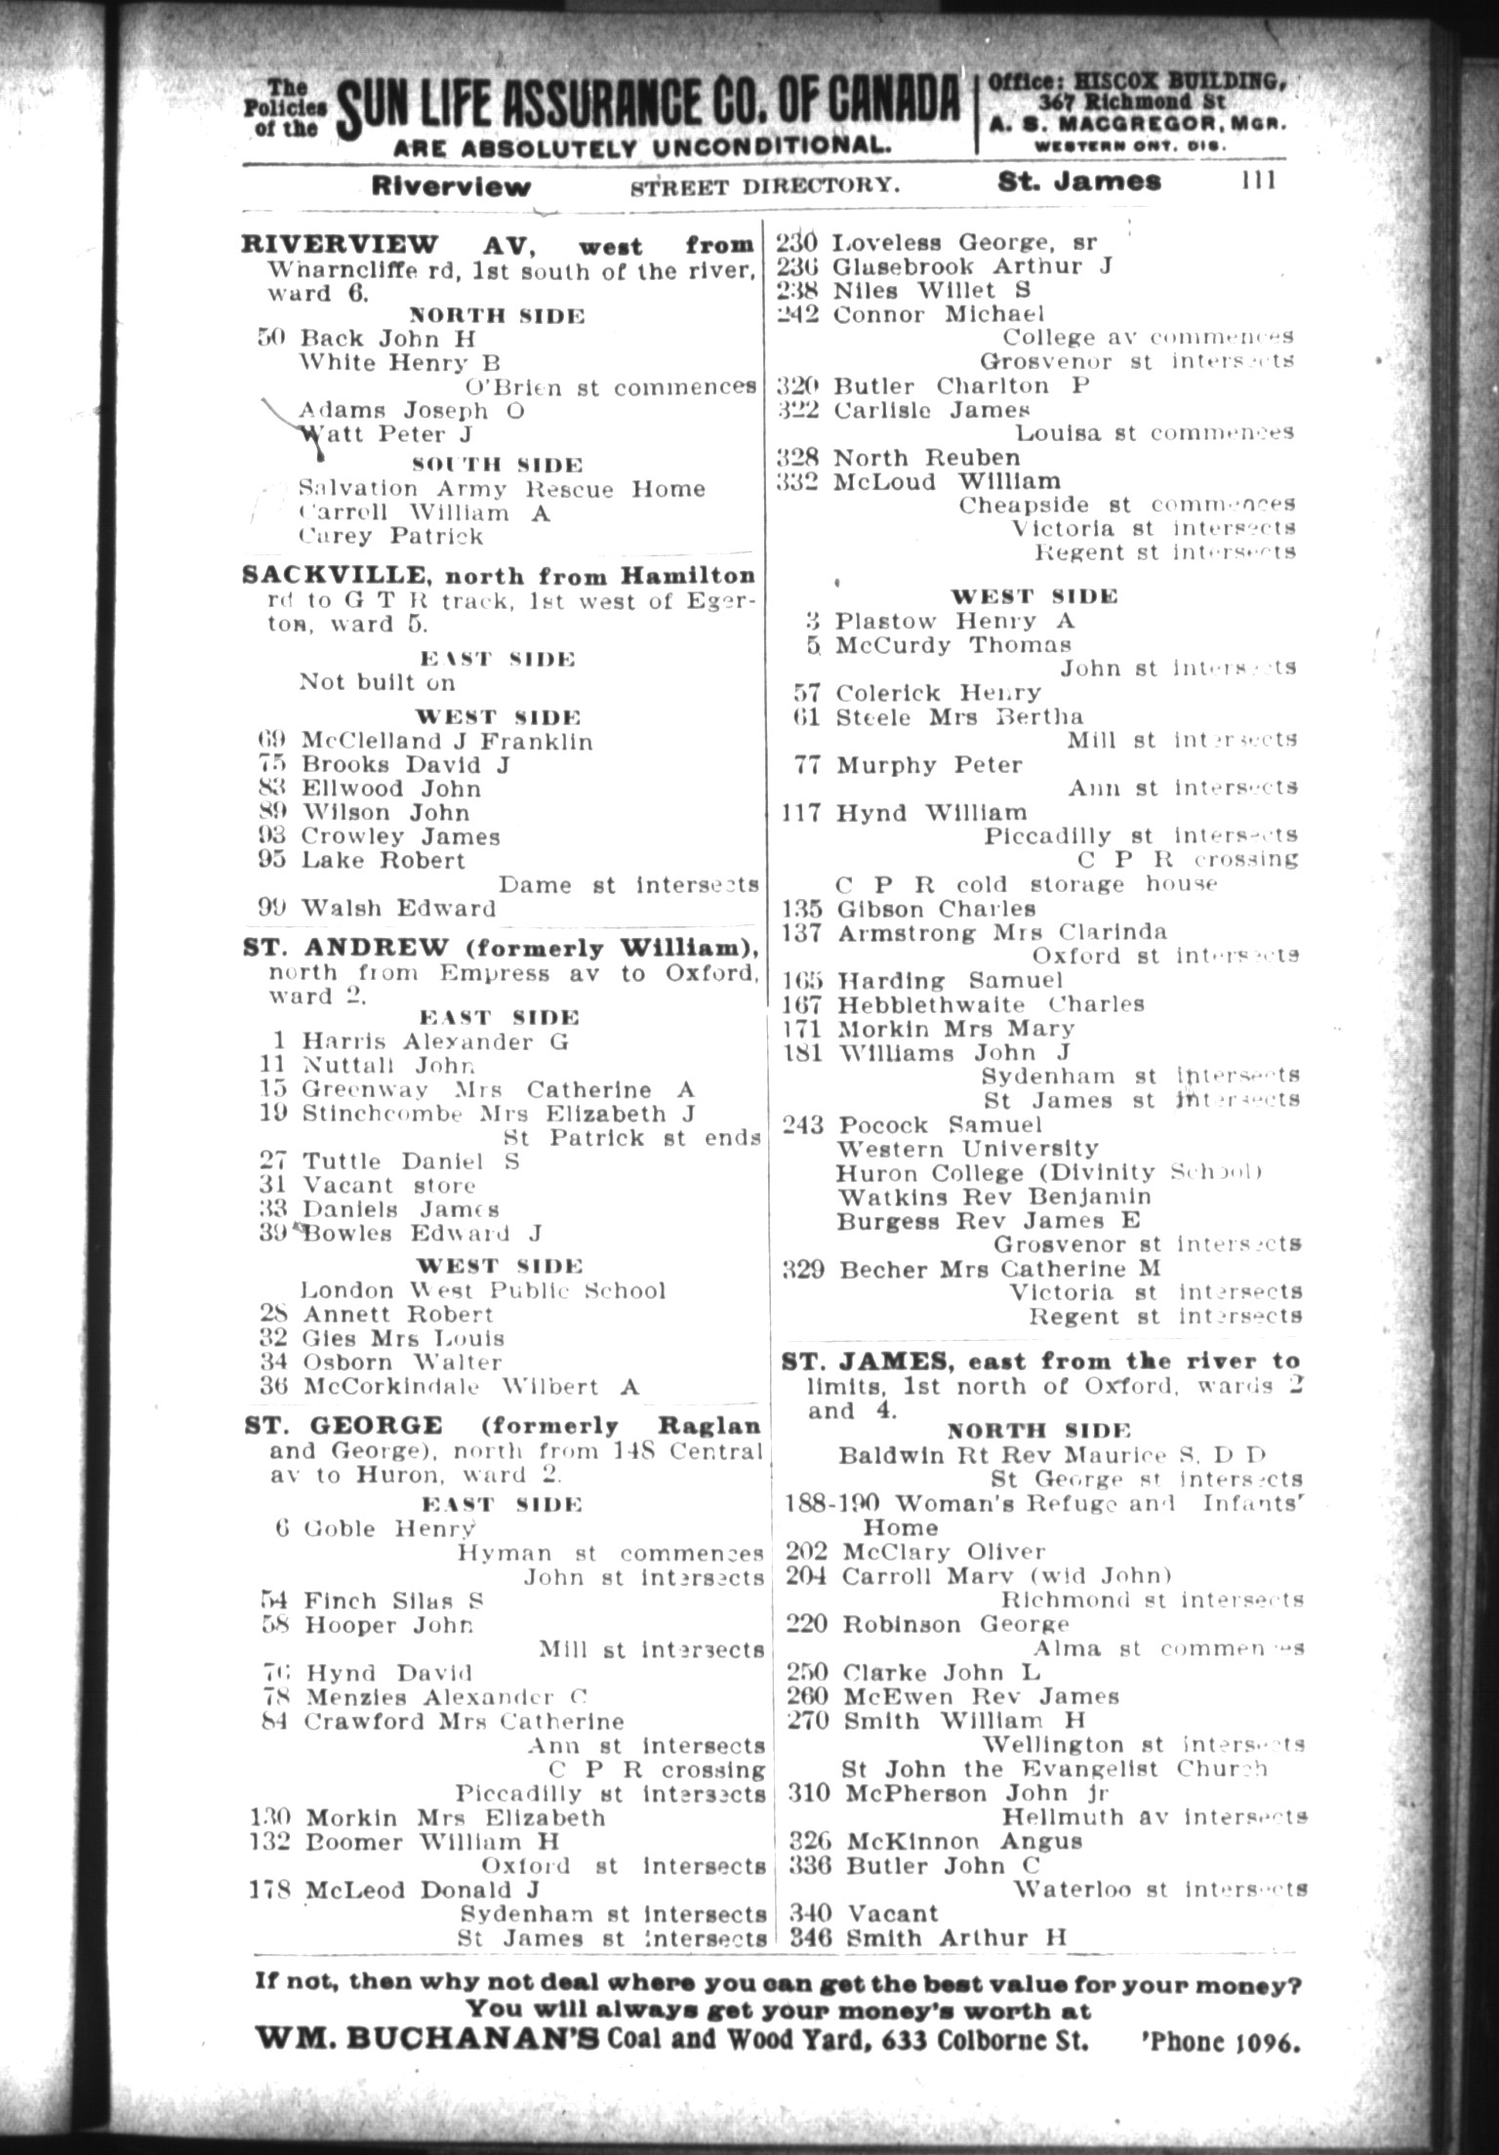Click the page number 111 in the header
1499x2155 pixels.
pyautogui.click(x=1258, y=181)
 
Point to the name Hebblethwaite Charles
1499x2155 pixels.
pyautogui.click(x=990, y=1004)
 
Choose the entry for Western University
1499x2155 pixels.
pyautogui.click(x=967, y=1149)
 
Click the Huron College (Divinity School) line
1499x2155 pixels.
pyautogui.click(x=1049, y=1172)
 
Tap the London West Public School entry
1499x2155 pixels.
pyautogui.click(x=483, y=1290)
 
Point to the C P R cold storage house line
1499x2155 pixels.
pyautogui.click(x=1027, y=884)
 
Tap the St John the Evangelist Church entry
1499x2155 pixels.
pyautogui.click(x=1054, y=1769)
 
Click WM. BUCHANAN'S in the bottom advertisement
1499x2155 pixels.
pyautogui.click(x=426, y=2040)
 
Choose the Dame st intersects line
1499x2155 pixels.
pyautogui.click(x=628, y=885)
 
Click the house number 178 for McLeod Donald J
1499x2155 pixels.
pyautogui.click(x=270, y=1891)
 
